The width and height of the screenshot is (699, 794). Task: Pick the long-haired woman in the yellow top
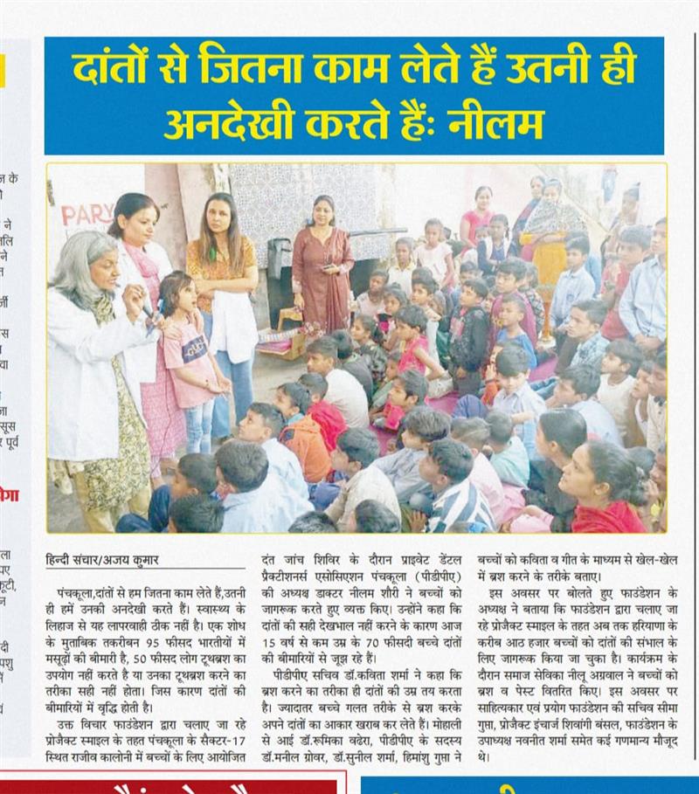point(224,288)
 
